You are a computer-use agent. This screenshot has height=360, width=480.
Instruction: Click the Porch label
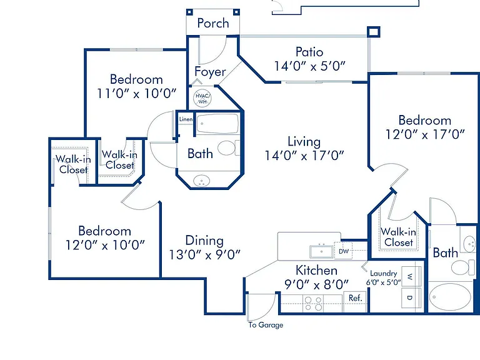(x=213, y=23)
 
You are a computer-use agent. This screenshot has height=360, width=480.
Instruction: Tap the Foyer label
(x=210, y=72)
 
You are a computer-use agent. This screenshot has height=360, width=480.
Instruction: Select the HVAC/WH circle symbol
(x=202, y=98)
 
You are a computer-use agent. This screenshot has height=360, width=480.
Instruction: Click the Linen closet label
(x=186, y=119)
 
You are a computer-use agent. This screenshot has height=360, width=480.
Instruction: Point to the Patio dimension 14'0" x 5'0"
(x=309, y=66)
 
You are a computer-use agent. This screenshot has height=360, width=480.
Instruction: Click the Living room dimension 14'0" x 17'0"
(x=304, y=156)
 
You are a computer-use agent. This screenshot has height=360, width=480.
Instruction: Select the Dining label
(x=204, y=241)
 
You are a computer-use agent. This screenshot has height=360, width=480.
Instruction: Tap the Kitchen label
(x=316, y=270)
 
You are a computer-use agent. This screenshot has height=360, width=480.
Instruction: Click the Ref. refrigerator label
(x=356, y=298)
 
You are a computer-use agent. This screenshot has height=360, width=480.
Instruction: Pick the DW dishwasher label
(x=344, y=251)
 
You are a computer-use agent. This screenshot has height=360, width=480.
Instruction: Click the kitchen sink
(x=321, y=252)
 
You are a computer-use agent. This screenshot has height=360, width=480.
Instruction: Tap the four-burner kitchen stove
(x=313, y=303)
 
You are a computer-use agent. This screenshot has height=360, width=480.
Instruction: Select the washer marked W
(x=411, y=276)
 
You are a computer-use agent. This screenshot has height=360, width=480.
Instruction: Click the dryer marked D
(x=411, y=297)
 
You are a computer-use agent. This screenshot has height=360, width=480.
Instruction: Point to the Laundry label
(x=384, y=273)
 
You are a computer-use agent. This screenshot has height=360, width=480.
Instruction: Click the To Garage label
(x=266, y=325)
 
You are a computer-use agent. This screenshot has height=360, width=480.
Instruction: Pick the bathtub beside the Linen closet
(x=217, y=124)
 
